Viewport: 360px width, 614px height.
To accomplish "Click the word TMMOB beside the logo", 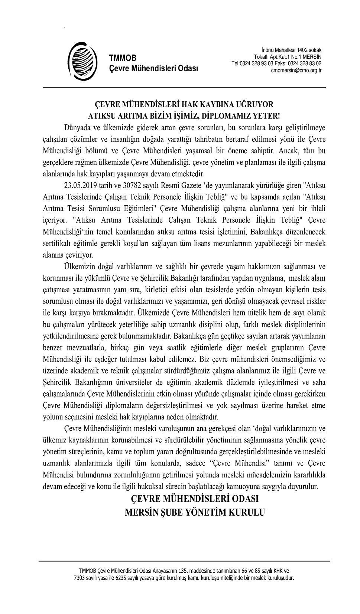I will [122, 58].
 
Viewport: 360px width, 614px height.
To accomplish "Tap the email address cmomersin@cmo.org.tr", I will [296, 70].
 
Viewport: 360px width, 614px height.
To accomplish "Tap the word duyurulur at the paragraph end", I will [304, 486].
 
